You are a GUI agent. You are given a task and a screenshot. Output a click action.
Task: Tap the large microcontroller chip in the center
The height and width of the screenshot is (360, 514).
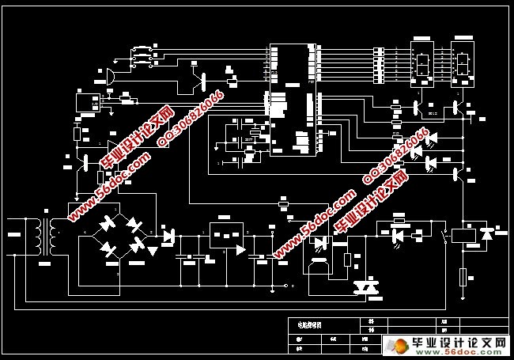coord(293,99)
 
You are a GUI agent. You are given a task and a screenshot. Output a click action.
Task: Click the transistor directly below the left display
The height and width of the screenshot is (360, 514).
coord(416,108)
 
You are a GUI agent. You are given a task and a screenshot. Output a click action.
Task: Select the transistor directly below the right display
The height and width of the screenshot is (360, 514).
coord(456,108)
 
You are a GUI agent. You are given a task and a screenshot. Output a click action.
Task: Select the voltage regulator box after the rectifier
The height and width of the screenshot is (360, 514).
coord(225,234)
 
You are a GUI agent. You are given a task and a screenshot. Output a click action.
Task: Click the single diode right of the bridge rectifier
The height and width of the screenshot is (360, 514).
coord(168,235)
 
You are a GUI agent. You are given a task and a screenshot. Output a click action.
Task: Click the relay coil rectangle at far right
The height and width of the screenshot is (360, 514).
coord(461,235)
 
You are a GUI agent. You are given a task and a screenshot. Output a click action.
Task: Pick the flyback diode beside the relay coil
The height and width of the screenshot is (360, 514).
coord(486,235)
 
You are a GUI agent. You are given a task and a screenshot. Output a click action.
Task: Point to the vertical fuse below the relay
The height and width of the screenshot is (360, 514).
coord(463,278)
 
